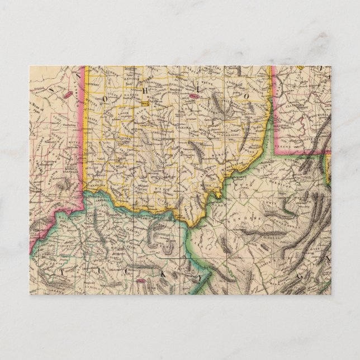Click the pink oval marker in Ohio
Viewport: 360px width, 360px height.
point(196,97)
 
